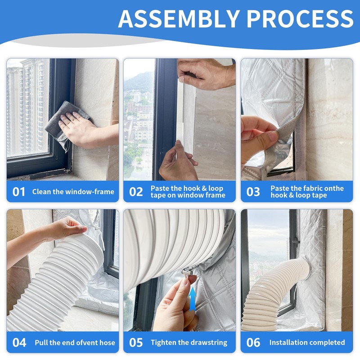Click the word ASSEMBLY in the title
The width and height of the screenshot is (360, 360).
pos(179,19)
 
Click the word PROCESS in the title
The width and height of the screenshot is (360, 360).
pos(300,19)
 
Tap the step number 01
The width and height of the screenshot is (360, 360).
pos(19,192)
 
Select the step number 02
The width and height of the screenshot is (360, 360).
pos(136,192)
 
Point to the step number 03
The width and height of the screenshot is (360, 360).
pos(253,192)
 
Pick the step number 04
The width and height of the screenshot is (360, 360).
pos(19,342)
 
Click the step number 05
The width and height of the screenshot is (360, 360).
pos(136,342)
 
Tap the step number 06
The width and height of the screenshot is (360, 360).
pos(253,342)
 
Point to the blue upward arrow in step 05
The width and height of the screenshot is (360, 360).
pos(193,299)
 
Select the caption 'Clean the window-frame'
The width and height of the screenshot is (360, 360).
pos(73,192)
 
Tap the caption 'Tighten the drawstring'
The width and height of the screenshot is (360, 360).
pos(189,342)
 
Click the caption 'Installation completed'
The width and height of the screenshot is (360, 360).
pos(307,342)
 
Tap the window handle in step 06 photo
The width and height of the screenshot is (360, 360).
pos(296,241)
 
